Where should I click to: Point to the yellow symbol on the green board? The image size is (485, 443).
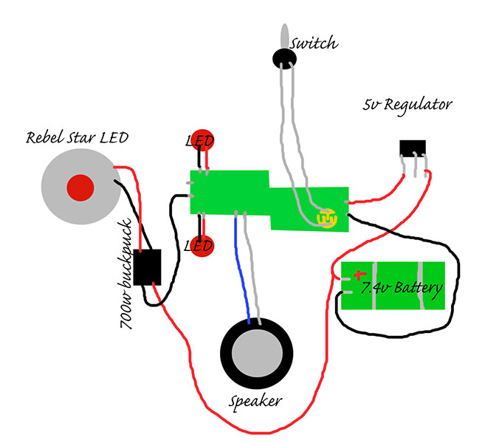[326, 219]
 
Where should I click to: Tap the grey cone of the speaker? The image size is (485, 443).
[257, 356]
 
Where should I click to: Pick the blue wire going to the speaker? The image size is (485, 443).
[241, 266]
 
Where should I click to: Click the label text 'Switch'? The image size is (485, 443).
[314, 44]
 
